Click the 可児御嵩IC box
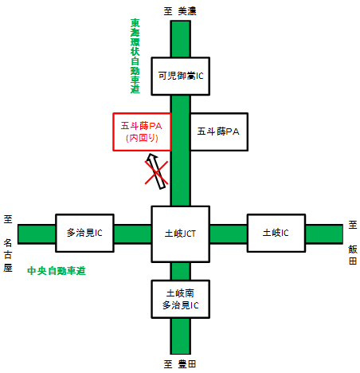click(181, 77)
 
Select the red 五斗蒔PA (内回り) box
click(143, 132)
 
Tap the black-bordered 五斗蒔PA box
click(219, 132)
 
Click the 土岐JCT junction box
click(181, 234)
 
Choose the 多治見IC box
click(84, 233)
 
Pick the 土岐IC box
click(276, 233)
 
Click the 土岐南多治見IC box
click(181, 299)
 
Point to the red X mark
click(156, 173)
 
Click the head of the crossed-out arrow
click(151, 157)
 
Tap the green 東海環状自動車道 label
click(135, 56)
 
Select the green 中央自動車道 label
click(57, 271)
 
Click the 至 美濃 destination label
click(180, 11)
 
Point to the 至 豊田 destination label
click(180, 364)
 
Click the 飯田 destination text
click(353, 255)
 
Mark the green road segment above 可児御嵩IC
click(181, 39)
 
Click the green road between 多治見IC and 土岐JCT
click(133, 234)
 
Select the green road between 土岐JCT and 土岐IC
click(229, 234)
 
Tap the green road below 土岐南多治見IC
click(181, 336)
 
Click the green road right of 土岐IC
click(324, 234)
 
